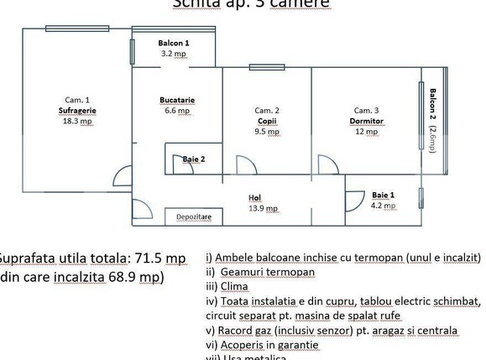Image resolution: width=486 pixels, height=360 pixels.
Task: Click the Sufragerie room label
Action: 76,110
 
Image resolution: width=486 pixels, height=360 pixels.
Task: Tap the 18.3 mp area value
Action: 76,121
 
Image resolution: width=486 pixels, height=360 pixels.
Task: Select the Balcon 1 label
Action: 174,43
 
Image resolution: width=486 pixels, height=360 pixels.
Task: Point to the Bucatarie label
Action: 177,100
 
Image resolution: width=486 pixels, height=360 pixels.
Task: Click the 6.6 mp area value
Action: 177,110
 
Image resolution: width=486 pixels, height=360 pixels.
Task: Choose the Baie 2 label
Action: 194,159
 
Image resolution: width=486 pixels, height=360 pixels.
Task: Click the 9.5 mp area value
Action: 267,131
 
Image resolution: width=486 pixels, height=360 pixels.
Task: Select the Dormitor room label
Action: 367,121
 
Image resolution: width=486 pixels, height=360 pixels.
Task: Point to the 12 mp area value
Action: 367,131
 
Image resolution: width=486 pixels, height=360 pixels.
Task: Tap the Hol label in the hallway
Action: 255,198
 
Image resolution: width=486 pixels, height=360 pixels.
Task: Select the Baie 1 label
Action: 384,195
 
